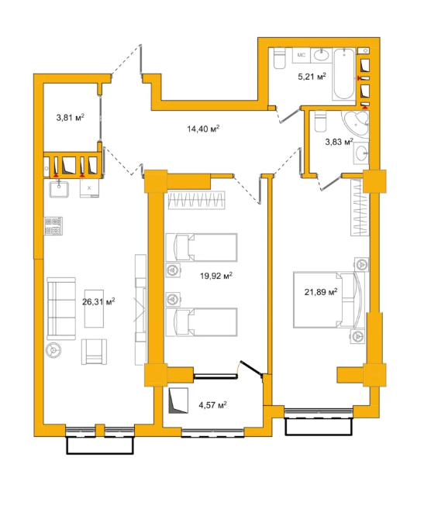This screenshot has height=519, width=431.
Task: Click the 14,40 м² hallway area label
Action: pos(203,128)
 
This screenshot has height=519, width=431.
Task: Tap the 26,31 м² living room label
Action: pos(98,301)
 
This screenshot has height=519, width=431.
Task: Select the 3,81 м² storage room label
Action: pos(71,117)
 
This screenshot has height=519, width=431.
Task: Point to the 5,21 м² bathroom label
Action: pos(312,77)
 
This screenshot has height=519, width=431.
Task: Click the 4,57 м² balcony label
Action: pos(212,405)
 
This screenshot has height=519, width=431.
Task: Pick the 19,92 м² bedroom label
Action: pos(216,276)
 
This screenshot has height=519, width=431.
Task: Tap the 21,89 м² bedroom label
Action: pos(321,292)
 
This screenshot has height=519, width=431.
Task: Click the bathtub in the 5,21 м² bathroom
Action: pos(344,74)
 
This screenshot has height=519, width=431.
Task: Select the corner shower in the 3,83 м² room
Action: pos(356,123)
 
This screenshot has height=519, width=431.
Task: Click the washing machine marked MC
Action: pos(301,55)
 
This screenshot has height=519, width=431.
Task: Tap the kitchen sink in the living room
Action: pos(59,189)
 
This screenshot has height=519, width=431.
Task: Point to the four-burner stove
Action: pos(53,226)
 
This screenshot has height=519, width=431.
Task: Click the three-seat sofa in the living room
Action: pos(61,308)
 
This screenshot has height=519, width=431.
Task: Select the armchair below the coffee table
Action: pos(94,352)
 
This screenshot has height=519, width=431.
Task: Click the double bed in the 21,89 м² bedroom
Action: pos(329,300)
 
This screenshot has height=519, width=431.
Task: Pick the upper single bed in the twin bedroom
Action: pos(202,247)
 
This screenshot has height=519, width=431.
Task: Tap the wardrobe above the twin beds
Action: pos(196,201)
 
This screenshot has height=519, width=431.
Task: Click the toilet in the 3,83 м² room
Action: pos(321,121)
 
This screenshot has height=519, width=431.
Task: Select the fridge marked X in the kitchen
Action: pos(89,189)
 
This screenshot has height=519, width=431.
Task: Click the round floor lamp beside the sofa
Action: pos(53,350)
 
